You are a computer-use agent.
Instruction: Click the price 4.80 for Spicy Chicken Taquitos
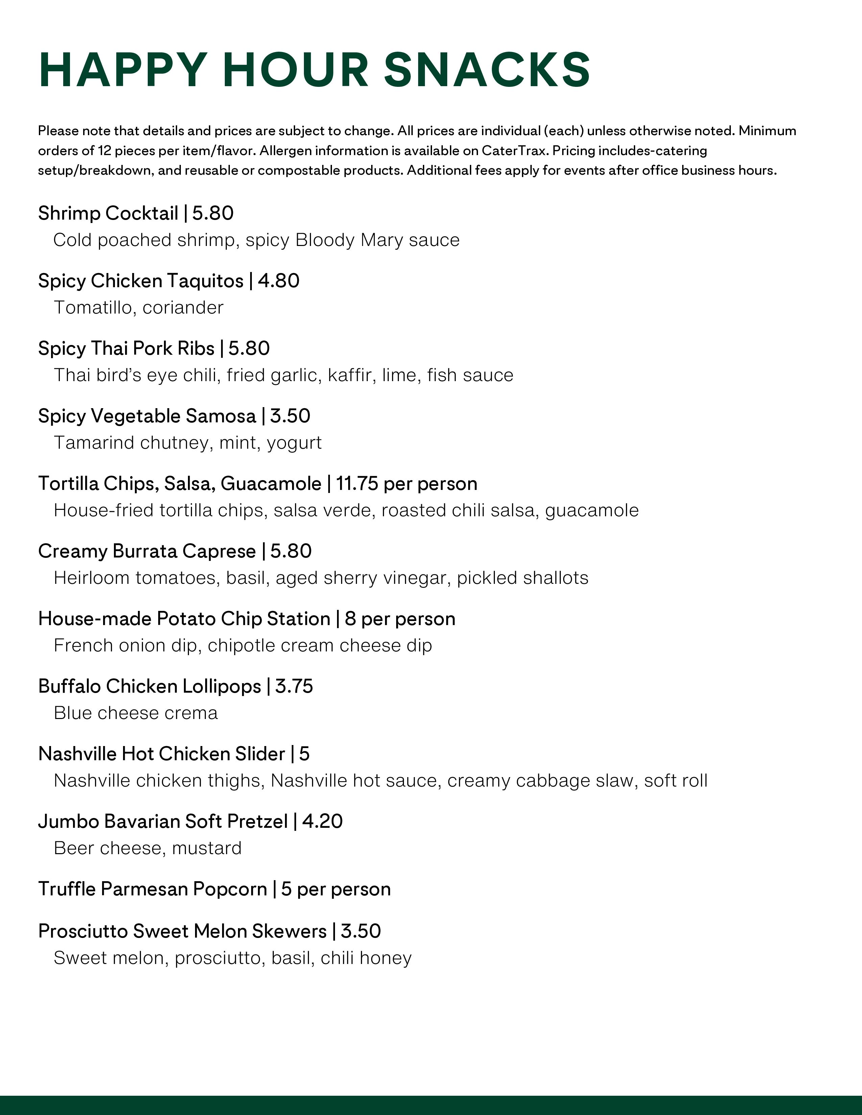click(x=278, y=281)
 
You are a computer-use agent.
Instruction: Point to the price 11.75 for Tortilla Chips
click(x=356, y=484)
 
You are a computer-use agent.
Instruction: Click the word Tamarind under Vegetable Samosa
click(x=94, y=443)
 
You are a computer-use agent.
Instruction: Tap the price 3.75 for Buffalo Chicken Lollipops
click(x=294, y=686)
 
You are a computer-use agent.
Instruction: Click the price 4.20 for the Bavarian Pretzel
click(x=322, y=821)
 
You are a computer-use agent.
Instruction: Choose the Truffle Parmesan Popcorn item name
click(x=152, y=889)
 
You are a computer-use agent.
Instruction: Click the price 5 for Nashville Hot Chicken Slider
click(x=304, y=753)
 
